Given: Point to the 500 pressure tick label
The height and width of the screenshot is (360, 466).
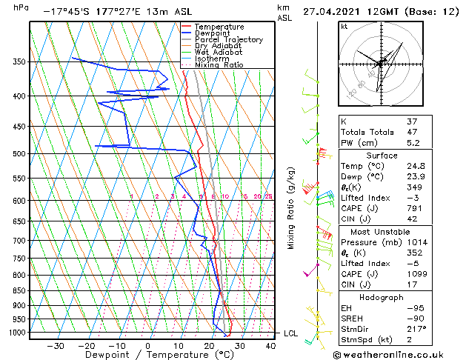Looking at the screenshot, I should [x=19, y=154].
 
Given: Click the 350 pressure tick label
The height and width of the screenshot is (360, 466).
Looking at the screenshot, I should [x=19, y=61].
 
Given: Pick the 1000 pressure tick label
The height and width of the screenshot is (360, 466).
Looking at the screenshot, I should [x=16, y=333].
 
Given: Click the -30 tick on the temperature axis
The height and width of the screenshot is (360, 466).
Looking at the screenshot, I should [x=55, y=346].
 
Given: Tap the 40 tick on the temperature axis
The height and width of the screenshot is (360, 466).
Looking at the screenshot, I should [x=271, y=346].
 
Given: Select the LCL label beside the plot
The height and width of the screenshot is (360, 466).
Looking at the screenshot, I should [x=291, y=333].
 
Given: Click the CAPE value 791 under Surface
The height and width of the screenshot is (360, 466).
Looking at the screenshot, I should [x=413, y=208].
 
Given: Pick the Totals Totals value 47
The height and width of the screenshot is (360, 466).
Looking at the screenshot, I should [x=411, y=132].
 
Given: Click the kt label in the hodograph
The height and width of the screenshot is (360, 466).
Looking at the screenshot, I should [x=344, y=27].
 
